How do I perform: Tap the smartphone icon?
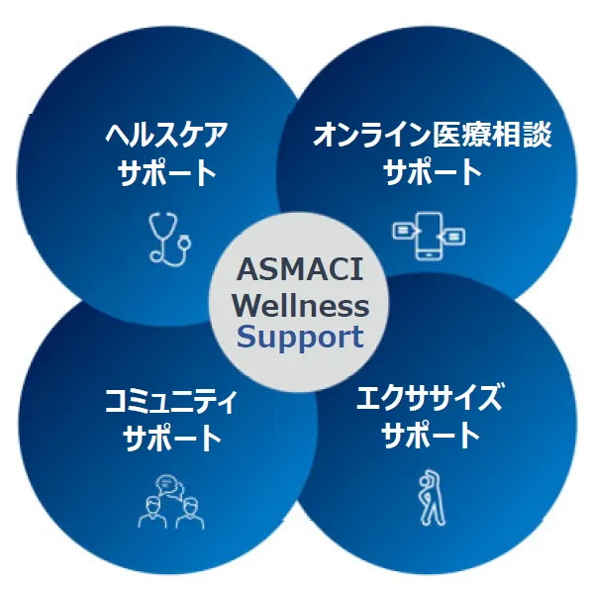pyautogui.click(x=429, y=237)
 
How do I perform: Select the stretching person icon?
pyautogui.click(x=432, y=497)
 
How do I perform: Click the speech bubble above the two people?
pyautogui.click(x=169, y=487)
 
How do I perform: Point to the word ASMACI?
pyautogui.click(x=300, y=269)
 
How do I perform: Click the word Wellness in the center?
pyautogui.click(x=300, y=305)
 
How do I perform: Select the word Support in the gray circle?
pyautogui.click(x=300, y=338)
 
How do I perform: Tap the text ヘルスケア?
pyautogui.click(x=166, y=135)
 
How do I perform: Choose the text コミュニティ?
pyautogui.click(x=170, y=402)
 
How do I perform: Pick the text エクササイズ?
pyautogui.click(x=429, y=397)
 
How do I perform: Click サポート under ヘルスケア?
pyautogui.click(x=167, y=172)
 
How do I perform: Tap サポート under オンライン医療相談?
pyautogui.click(x=433, y=171)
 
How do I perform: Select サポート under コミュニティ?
pyautogui.click(x=172, y=438)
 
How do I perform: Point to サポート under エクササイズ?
pyautogui.click(x=431, y=435)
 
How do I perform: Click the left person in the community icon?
pyautogui.click(x=152, y=513)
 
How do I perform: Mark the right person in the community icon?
pyautogui.click(x=190, y=513)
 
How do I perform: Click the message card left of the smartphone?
pyautogui.click(x=403, y=231)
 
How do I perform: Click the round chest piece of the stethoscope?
pyautogui.click(x=185, y=242)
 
